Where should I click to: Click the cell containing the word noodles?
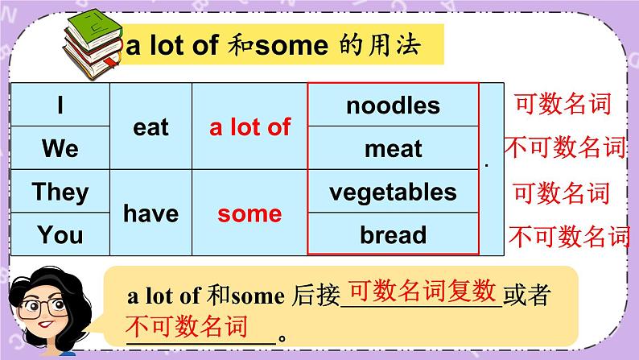click(x=393, y=106)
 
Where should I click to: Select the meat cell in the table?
click(x=393, y=148)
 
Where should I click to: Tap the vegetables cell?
click(x=393, y=192)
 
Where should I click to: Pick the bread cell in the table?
click(x=393, y=235)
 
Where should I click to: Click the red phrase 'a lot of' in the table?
click(x=249, y=127)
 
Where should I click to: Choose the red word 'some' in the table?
click(x=249, y=213)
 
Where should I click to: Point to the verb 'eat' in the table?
click(x=150, y=127)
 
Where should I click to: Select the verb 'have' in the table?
click(x=150, y=213)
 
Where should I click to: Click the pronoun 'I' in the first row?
click(x=60, y=106)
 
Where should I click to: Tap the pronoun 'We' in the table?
click(x=60, y=148)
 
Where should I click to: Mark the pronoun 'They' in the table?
click(x=60, y=192)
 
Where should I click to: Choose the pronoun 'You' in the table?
click(x=60, y=235)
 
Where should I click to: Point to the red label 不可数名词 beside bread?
click(x=568, y=236)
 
